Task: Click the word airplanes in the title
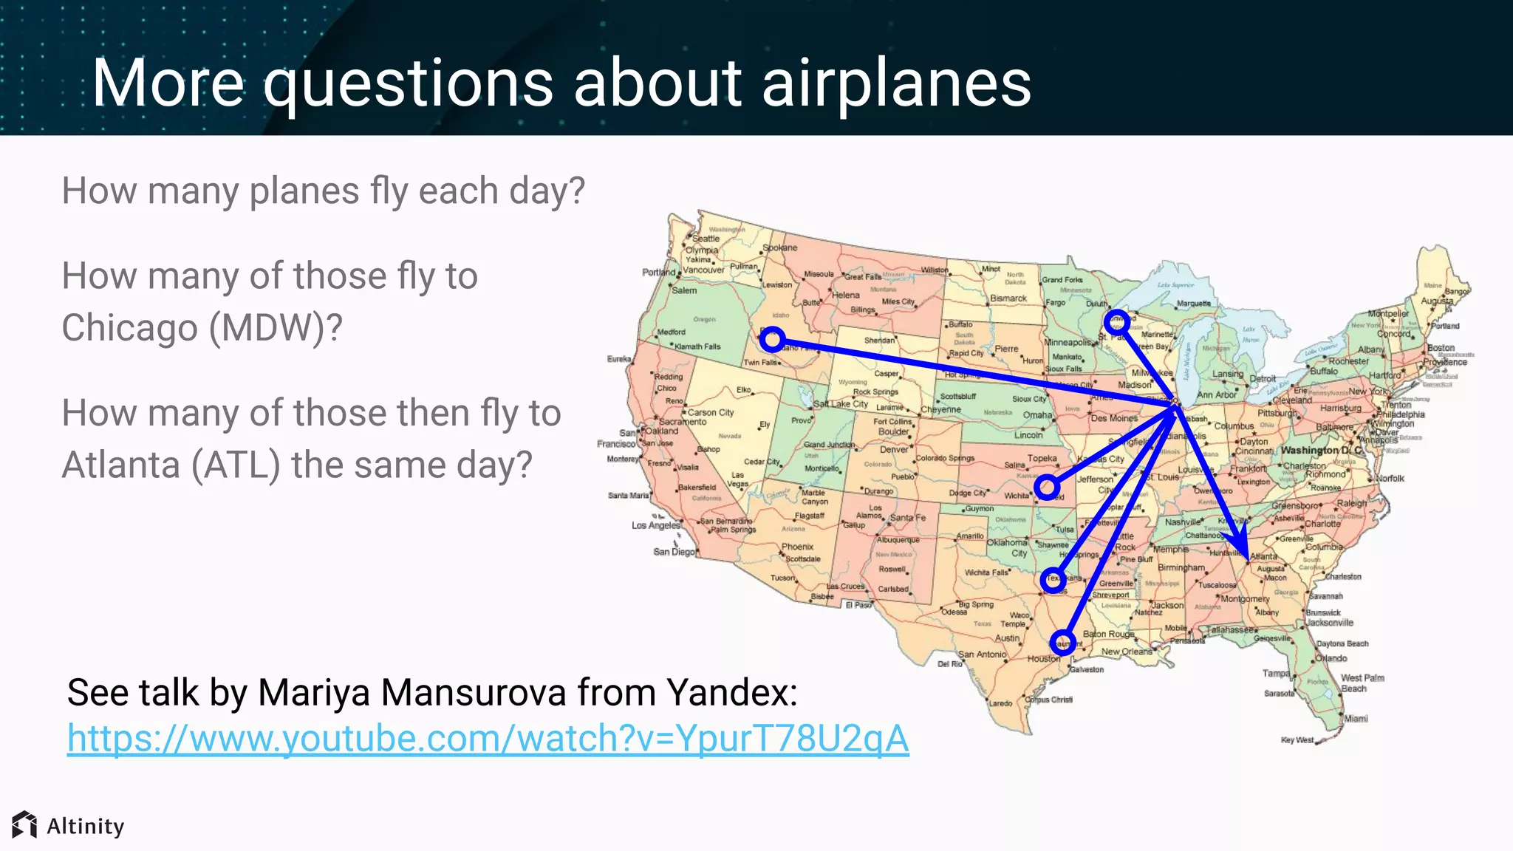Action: [896, 83]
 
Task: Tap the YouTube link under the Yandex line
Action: [488, 738]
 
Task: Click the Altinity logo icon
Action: [24, 824]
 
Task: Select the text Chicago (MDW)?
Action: [202, 327]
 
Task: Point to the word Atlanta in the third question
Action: [120, 465]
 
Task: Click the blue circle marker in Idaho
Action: [772, 339]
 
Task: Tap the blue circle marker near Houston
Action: [1062, 641]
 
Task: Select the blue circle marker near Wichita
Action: [1047, 487]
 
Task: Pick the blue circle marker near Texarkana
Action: [1052, 581]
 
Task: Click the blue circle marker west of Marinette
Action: [1116, 321]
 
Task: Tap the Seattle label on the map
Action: [706, 239]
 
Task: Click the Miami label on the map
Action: [1356, 718]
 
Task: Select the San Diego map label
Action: [674, 552]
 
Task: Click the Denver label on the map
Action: [894, 449]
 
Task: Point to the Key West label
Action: [1297, 739]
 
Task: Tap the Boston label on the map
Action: [1441, 347]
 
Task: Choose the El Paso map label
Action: [858, 605]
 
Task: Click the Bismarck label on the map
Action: [1008, 298]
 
